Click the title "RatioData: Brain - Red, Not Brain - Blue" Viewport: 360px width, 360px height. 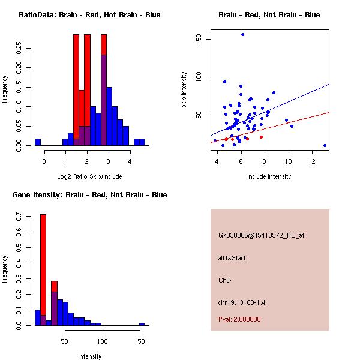89,15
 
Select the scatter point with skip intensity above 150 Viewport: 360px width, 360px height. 242,34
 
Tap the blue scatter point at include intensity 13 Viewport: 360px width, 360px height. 325,145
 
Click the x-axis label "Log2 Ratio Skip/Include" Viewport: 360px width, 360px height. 89,176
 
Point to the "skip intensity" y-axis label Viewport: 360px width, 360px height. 185,90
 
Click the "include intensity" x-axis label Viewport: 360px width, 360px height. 269,176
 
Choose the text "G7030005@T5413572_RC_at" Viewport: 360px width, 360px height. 261,235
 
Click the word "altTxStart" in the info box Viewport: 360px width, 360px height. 232,258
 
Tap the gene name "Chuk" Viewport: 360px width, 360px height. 225,280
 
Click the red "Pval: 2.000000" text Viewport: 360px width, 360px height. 239,319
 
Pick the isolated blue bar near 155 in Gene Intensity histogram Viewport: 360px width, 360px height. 142,324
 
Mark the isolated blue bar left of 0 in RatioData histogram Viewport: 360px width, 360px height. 38,142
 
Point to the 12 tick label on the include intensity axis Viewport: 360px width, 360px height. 313,161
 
